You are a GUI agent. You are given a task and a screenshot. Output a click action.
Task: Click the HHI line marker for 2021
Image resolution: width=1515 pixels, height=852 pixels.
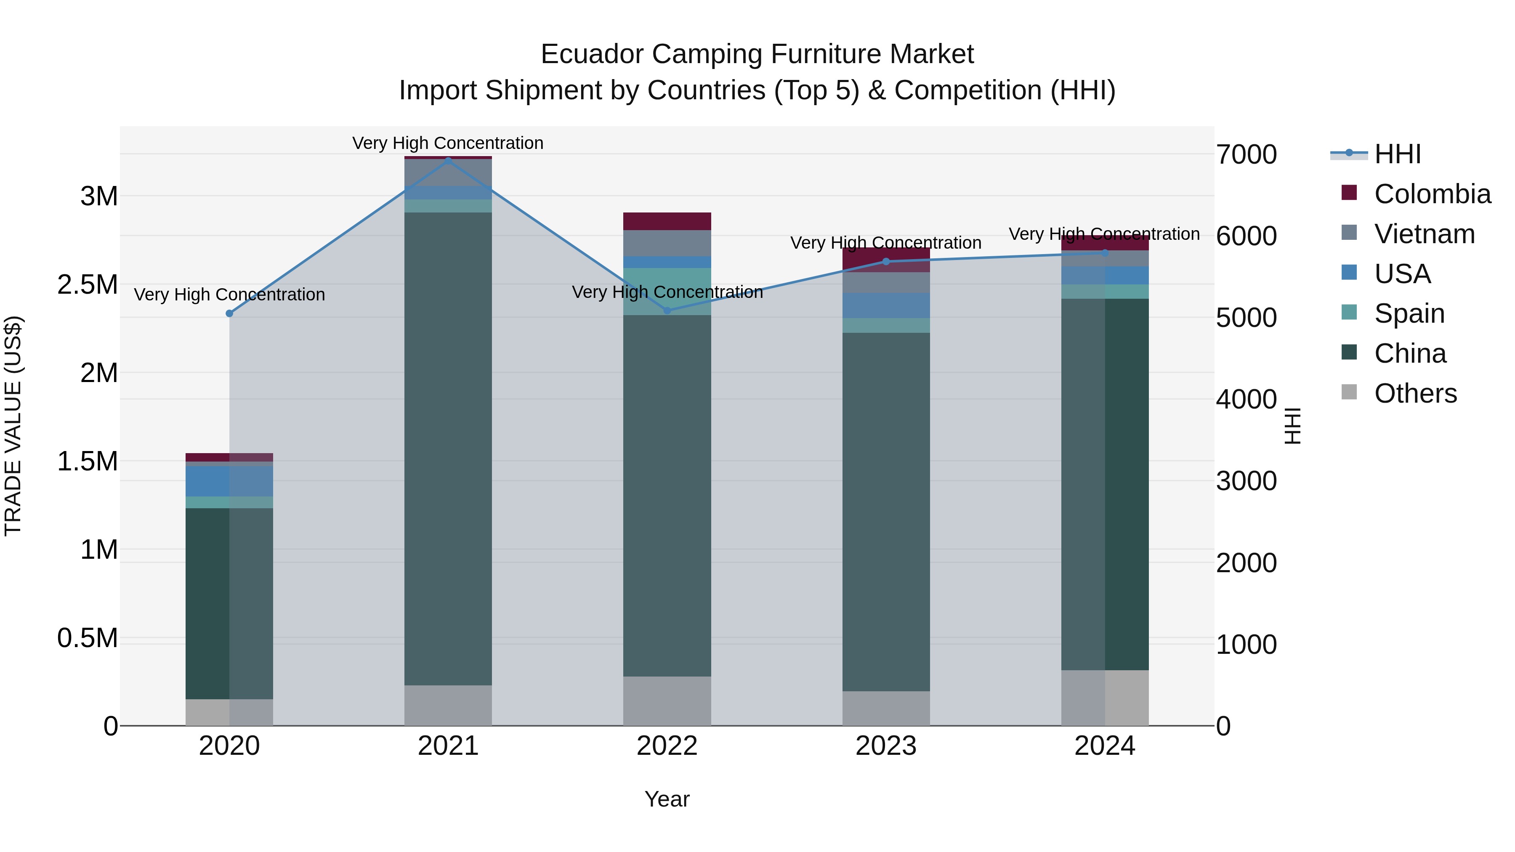click(448, 161)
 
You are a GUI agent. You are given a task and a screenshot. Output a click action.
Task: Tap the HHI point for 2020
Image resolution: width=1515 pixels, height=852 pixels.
click(229, 313)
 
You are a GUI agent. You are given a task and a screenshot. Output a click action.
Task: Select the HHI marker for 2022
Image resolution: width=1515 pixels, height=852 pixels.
click(667, 311)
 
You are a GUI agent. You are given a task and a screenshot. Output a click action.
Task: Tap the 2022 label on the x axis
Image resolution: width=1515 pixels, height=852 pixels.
click(667, 746)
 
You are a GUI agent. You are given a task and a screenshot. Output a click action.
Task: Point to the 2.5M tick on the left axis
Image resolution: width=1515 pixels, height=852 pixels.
click(88, 284)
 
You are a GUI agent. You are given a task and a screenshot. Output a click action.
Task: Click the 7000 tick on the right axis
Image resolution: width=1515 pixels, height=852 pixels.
click(1246, 155)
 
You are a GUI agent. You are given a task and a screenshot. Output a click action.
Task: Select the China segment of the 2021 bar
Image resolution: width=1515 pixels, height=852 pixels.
click(448, 447)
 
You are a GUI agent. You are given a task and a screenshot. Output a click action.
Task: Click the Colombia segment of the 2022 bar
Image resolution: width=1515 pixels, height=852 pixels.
click(667, 221)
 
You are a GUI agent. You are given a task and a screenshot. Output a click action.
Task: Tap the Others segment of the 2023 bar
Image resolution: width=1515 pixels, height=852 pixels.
click(886, 708)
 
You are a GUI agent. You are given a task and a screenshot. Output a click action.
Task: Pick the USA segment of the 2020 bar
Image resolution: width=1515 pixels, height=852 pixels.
click(229, 481)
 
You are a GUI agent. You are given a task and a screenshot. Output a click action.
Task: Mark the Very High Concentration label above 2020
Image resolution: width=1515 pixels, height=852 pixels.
click(229, 295)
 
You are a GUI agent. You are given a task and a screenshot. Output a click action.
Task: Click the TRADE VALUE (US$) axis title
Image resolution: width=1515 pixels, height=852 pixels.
click(13, 426)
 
